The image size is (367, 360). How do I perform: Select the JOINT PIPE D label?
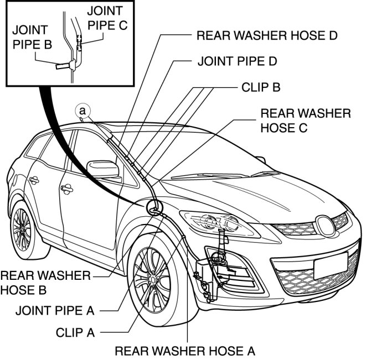tap(237, 61)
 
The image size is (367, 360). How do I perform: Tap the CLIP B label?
tap(261, 87)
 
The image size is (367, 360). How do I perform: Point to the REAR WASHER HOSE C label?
tap(306, 120)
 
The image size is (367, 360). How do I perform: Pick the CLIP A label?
tap(75, 333)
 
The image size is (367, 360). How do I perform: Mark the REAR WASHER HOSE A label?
tap(185, 350)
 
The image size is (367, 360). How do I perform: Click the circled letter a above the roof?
tap(82, 111)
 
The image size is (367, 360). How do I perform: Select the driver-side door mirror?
tap(104, 169)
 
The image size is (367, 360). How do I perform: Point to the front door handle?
tap(67, 189)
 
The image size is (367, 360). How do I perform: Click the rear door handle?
tap(34, 180)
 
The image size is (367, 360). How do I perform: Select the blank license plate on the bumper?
tap(331, 265)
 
